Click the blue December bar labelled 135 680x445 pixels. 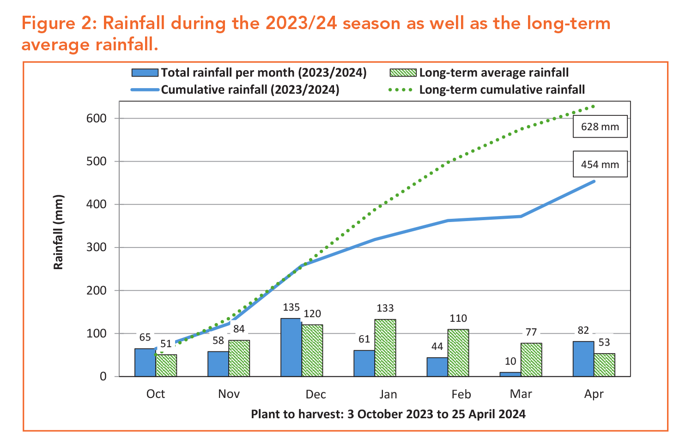291,347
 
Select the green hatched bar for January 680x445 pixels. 385,348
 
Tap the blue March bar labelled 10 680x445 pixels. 510,374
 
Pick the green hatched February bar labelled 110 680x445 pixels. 458,353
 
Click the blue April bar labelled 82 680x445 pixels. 583,359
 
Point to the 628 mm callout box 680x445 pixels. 600,126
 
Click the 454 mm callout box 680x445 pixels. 600,164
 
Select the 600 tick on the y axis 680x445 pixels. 96,118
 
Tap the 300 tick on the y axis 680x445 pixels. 96,247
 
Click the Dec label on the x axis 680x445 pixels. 316,394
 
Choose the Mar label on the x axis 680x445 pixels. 521,394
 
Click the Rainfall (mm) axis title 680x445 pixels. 58,232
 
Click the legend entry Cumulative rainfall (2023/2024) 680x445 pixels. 250,90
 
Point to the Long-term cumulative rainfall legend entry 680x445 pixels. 502,90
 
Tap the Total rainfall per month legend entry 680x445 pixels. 263,73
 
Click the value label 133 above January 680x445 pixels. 385,308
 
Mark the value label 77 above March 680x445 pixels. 531,332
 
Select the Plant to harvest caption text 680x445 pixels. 388,414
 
